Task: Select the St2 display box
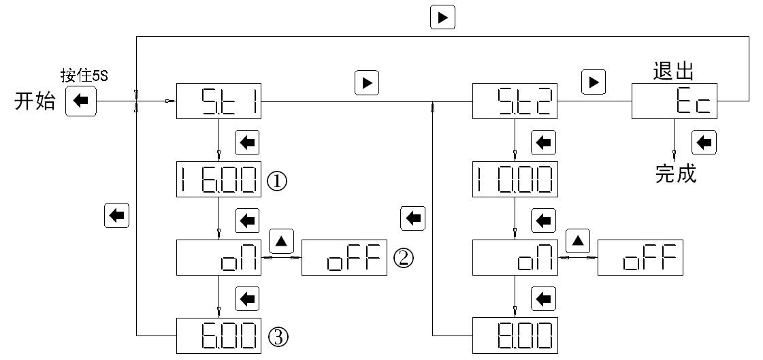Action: pos(515,101)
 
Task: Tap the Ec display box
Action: pos(675,101)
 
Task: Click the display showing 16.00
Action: pos(218,180)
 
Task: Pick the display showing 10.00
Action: pos(515,180)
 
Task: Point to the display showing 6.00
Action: pos(218,335)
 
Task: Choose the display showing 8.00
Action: pos(515,335)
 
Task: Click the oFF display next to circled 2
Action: pos(344,257)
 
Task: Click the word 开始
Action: pos(34,102)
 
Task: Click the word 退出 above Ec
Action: pos(673,71)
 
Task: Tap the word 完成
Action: pos(676,174)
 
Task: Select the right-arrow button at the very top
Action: pos(442,18)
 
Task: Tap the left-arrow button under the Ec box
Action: pos(704,142)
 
